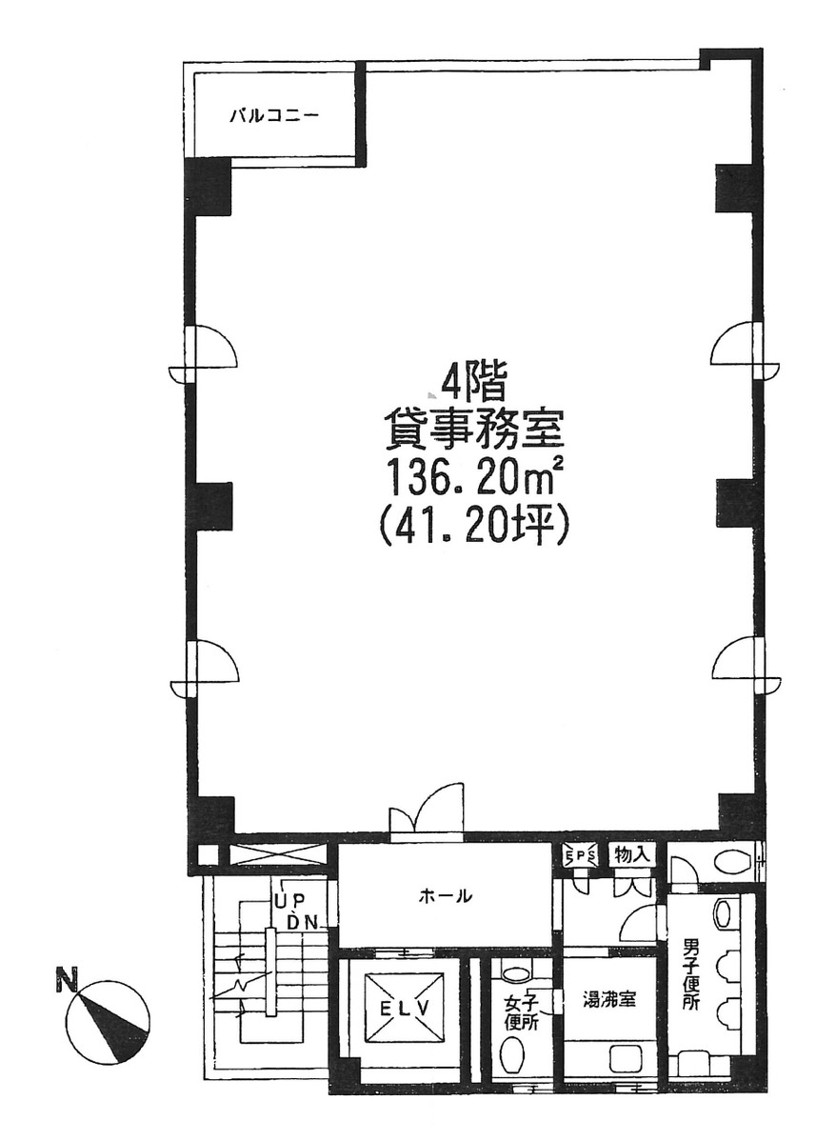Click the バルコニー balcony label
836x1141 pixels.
(x=274, y=115)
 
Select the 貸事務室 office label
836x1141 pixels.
(x=473, y=430)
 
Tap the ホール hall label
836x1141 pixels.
(x=445, y=896)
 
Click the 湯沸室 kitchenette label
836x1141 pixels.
(x=609, y=1000)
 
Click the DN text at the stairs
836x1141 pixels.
(x=302, y=923)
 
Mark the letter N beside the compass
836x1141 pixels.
(x=67, y=980)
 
